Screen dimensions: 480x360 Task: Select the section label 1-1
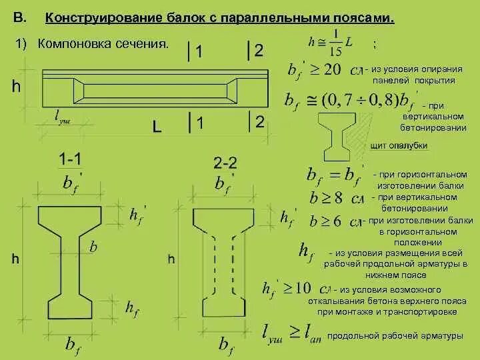[x=71, y=159]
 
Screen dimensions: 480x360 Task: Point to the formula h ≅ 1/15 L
[x=331, y=43]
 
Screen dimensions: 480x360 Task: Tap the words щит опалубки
[x=398, y=145]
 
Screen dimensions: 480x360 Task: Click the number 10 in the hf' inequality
[x=302, y=288]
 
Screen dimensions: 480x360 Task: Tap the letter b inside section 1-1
[x=93, y=247]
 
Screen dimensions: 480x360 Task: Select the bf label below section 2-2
[x=226, y=344]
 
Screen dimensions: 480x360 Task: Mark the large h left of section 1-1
[x=15, y=260]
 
